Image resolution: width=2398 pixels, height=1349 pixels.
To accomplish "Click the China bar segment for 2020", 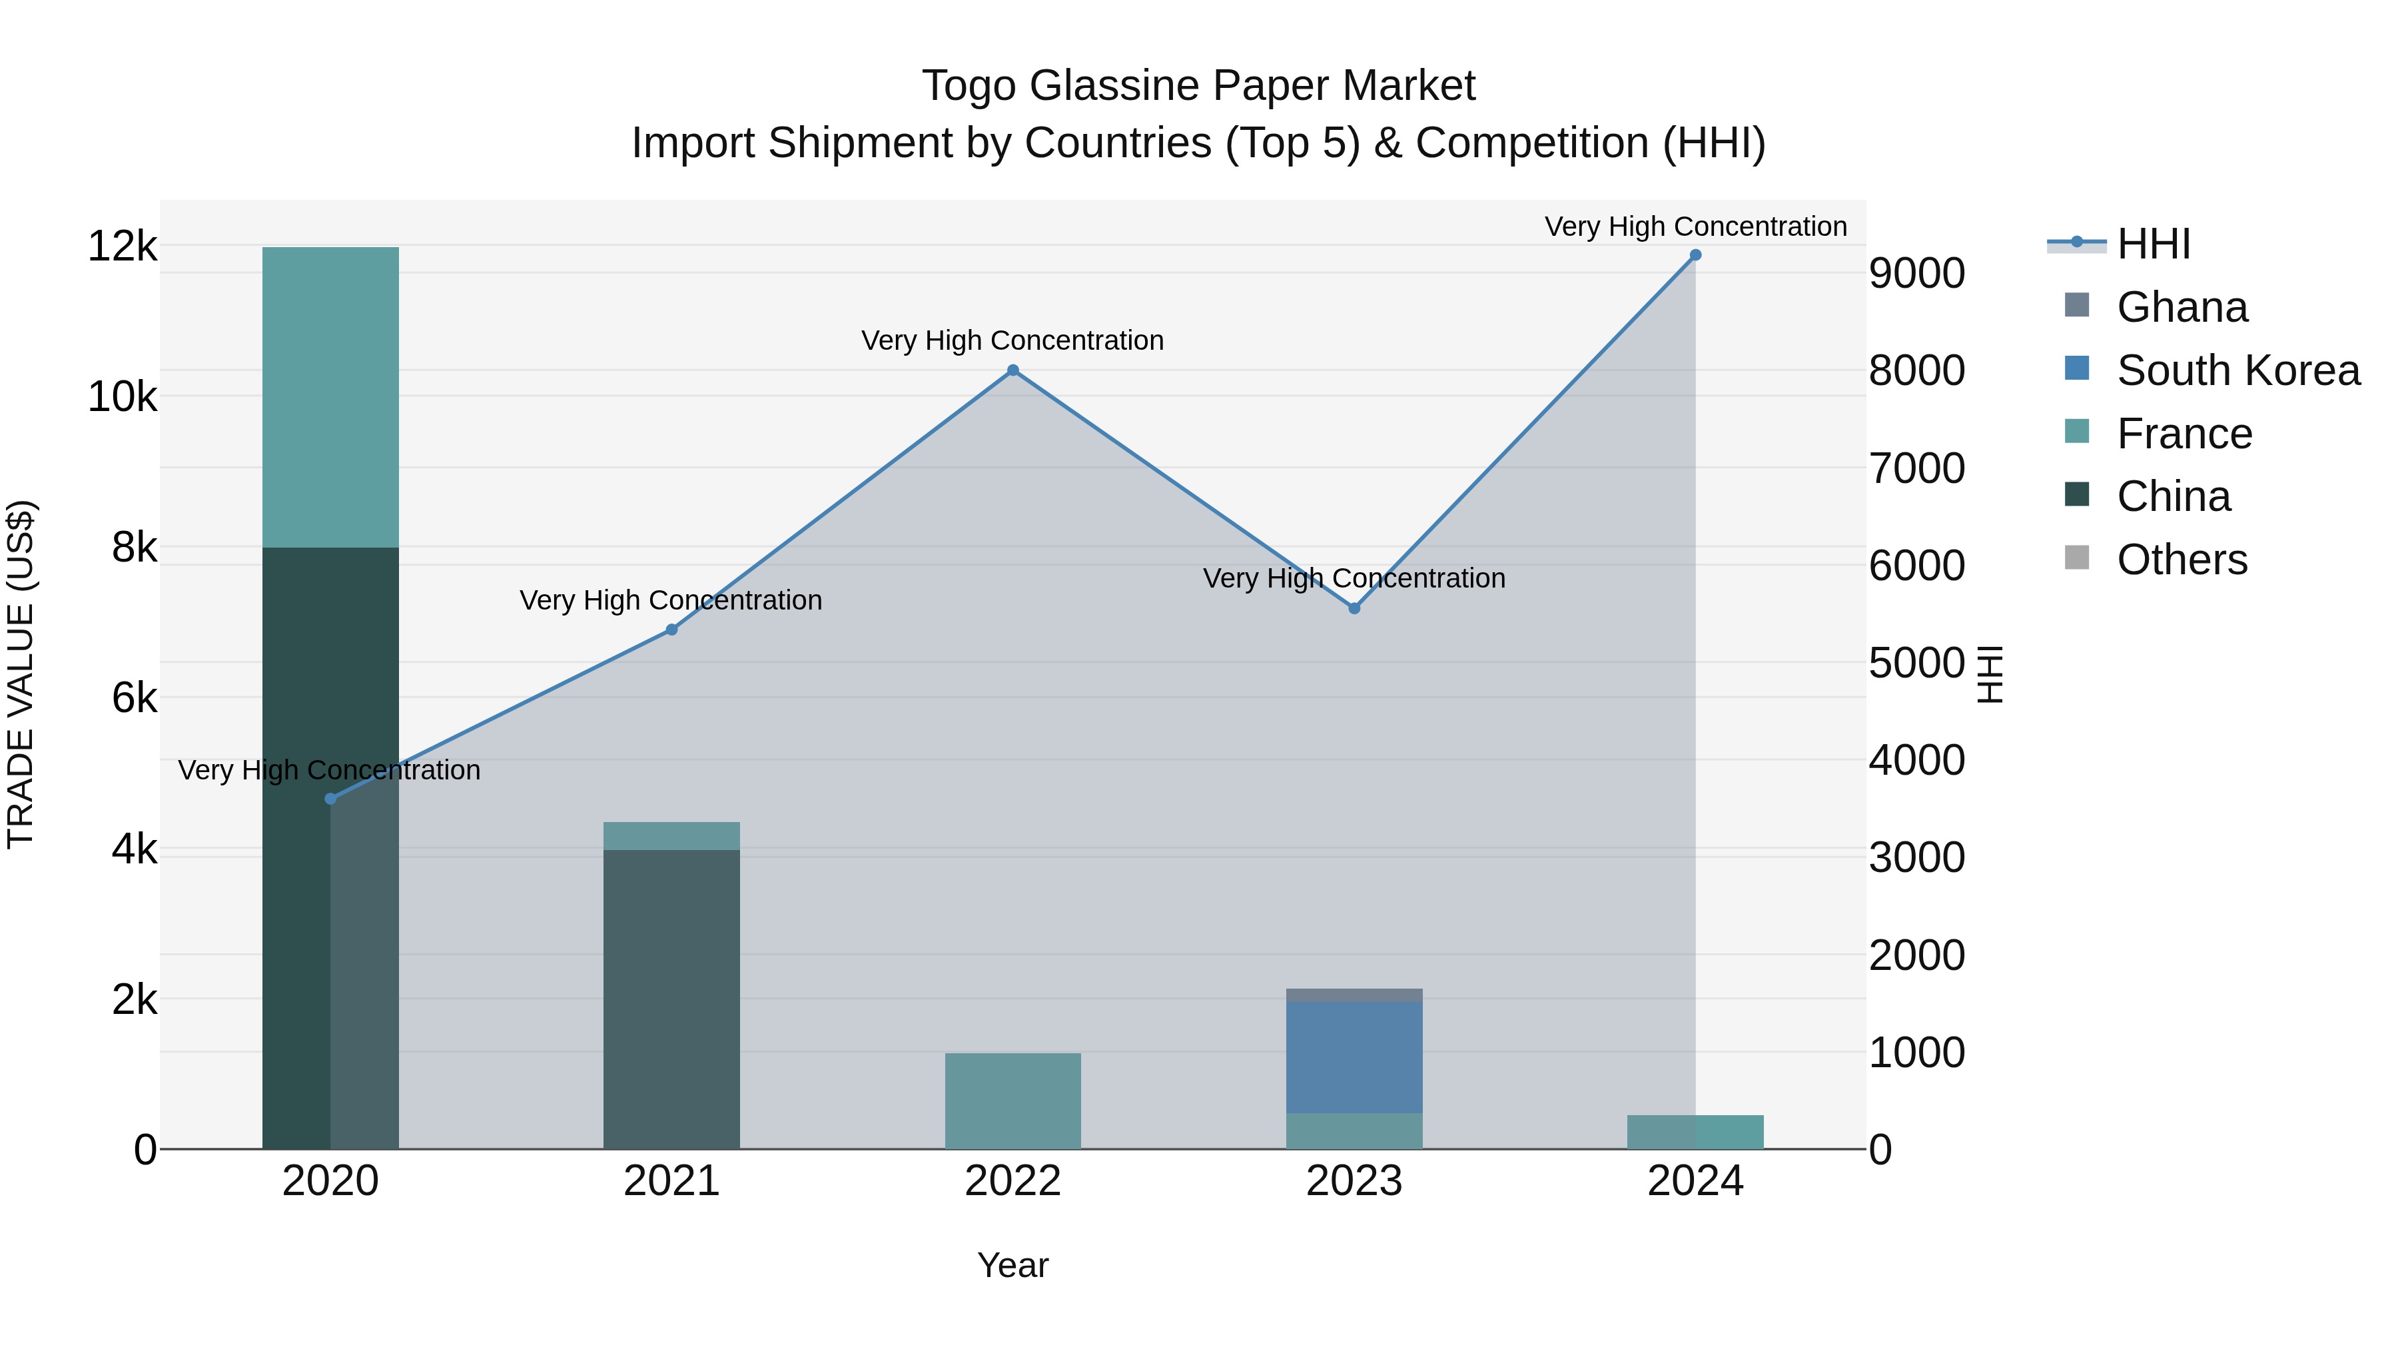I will (330, 847).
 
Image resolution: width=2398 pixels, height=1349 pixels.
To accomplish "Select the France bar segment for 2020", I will (330, 398).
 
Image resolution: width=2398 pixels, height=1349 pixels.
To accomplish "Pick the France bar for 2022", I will (1012, 1101).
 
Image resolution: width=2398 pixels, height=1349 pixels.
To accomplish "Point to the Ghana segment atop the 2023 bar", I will (1354, 995).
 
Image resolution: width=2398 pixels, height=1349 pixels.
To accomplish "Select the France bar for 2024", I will (1695, 1132).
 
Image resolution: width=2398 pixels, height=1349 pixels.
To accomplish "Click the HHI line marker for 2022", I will (1012, 370).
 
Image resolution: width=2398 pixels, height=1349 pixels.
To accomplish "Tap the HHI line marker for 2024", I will (1695, 255).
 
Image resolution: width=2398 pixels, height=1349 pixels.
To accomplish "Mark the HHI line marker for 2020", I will (330, 799).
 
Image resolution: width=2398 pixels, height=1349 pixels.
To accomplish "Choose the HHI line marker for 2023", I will (1354, 608).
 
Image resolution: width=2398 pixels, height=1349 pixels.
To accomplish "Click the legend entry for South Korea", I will (2238, 370).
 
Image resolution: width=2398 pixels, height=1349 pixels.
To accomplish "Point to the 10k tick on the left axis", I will (122, 398).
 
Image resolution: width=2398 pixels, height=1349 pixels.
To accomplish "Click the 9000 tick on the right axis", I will (1916, 274).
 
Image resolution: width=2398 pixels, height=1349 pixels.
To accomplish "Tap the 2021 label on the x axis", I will (671, 1181).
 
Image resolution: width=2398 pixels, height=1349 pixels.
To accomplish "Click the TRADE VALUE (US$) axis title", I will (21, 674).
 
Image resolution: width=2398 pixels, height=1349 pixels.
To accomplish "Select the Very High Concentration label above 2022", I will (1012, 340).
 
